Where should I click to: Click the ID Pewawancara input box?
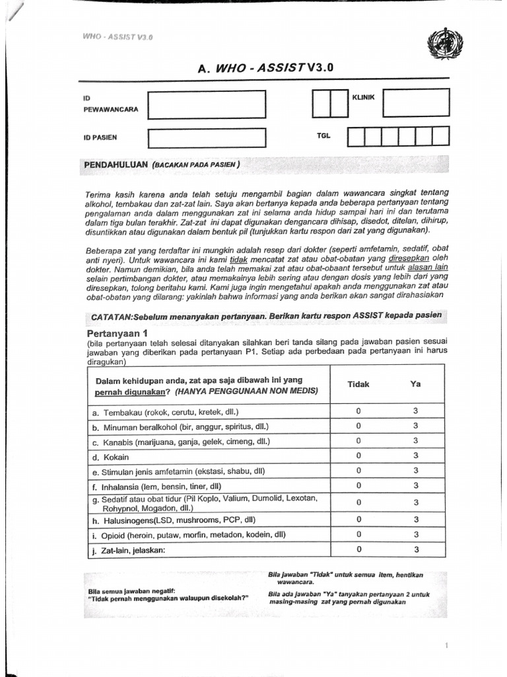click(x=207, y=104)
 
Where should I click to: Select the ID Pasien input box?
click(x=207, y=138)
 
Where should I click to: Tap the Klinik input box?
click(x=416, y=102)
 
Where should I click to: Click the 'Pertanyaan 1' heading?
click(x=117, y=335)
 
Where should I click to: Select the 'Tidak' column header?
click(x=358, y=384)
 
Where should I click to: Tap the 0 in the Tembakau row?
click(x=358, y=411)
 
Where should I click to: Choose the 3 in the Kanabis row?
click(x=416, y=441)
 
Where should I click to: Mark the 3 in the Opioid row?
click(x=416, y=534)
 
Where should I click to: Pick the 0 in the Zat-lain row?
click(x=358, y=549)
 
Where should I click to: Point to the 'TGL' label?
click(x=323, y=136)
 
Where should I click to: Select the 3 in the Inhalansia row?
click(x=416, y=486)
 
